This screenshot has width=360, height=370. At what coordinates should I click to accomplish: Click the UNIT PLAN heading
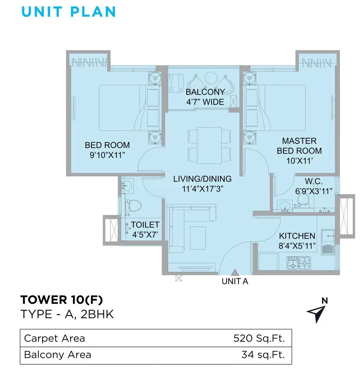click(68, 11)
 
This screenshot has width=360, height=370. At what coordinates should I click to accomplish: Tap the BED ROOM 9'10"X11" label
click(107, 150)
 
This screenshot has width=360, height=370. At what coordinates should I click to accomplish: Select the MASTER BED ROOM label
click(299, 151)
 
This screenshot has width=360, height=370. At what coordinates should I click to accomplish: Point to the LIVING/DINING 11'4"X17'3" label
click(202, 184)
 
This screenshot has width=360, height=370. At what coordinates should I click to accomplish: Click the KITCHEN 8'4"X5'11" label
click(297, 241)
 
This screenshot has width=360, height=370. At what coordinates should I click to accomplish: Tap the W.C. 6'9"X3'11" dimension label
click(314, 186)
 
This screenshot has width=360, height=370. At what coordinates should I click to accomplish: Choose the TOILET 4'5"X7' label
click(145, 230)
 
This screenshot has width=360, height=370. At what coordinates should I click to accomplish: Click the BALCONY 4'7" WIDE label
click(205, 97)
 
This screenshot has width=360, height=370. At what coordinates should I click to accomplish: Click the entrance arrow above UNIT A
click(235, 272)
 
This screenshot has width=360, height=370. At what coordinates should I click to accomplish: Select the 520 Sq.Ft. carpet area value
click(259, 338)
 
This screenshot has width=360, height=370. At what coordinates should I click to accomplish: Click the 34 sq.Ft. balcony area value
click(263, 355)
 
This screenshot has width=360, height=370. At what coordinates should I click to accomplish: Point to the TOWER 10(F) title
click(62, 300)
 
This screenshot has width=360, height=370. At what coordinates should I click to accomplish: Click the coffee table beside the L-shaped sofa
click(198, 238)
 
